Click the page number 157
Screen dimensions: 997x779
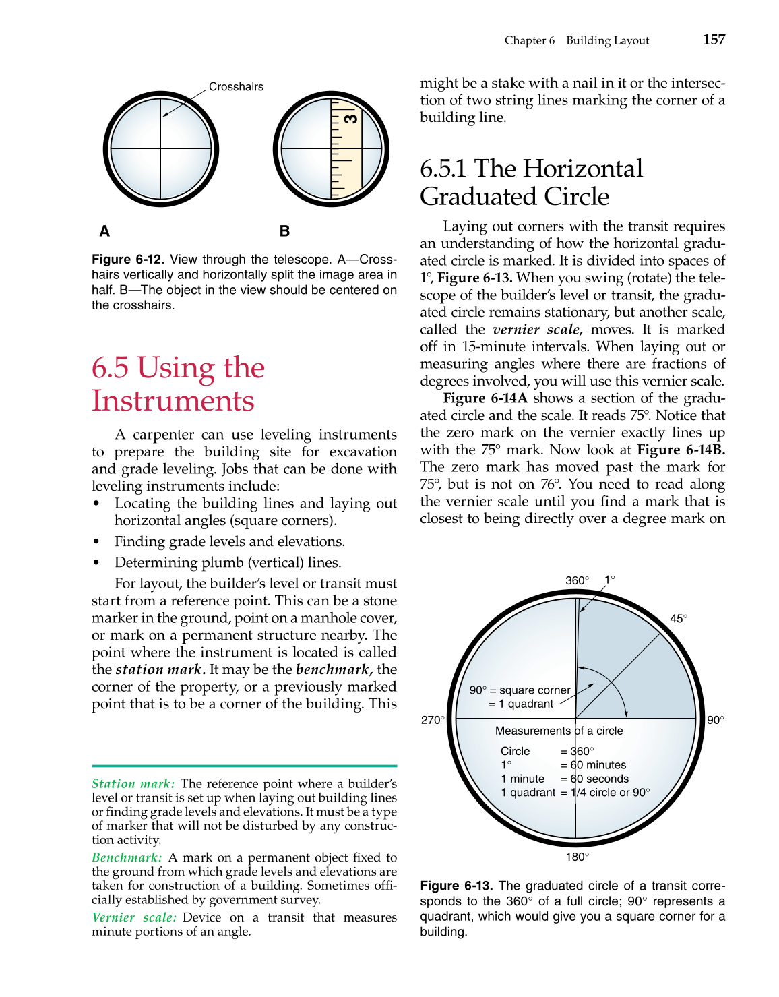click(714, 40)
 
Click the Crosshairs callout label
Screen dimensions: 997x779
click(236, 87)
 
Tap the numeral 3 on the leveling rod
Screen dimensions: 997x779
click(350, 119)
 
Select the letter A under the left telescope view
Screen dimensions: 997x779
click(104, 231)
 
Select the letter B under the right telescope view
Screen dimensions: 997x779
click(284, 231)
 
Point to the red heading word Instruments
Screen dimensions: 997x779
click(173, 401)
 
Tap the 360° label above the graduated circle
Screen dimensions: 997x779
click(577, 580)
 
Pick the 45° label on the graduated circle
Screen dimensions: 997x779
click(679, 619)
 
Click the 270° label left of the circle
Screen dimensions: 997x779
click(433, 720)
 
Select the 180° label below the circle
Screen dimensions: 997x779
click(577, 857)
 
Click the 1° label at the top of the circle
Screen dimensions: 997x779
click(609, 580)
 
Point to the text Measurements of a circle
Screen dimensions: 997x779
click(559, 731)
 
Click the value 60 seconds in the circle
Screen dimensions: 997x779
click(599, 779)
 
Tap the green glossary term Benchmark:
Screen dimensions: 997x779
click(127, 857)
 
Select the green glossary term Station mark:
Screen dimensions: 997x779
click(133, 783)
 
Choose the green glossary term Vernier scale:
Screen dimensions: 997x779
click(134, 917)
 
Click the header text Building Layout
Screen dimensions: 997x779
click(607, 40)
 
